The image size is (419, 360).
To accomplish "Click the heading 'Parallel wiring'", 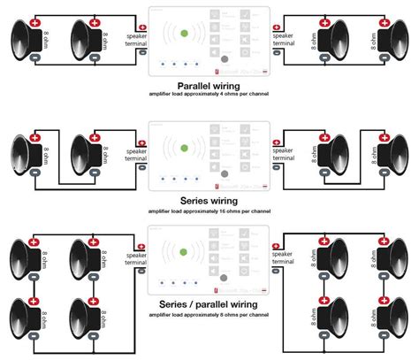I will click(x=209, y=84).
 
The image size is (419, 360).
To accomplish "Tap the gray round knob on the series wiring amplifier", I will click(x=225, y=173).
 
